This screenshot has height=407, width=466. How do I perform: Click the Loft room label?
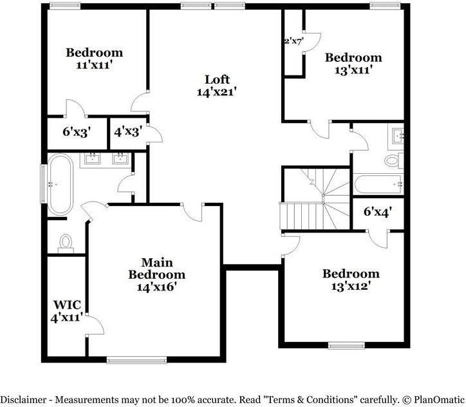click(217, 79)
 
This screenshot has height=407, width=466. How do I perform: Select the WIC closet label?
click(66, 304)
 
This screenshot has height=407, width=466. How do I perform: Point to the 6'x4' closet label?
click(378, 211)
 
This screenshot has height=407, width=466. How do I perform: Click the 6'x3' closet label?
click(76, 132)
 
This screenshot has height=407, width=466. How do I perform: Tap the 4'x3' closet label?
click(127, 132)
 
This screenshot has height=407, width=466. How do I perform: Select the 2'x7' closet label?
click(294, 41)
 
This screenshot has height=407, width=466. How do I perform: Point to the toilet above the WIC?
click(65, 242)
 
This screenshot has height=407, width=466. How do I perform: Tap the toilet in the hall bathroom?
click(391, 160)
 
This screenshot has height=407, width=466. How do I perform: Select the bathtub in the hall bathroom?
click(378, 185)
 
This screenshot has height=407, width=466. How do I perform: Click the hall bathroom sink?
click(396, 136)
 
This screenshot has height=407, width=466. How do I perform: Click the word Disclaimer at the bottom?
click(25, 399)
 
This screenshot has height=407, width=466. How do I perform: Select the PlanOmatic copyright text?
click(431, 399)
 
